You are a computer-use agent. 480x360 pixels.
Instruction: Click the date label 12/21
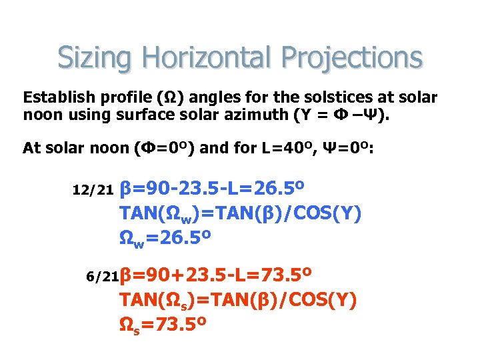tap(93, 191)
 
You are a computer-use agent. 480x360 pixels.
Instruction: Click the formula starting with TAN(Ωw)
tap(240, 213)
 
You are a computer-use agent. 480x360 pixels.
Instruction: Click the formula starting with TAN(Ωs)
tap(238, 300)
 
